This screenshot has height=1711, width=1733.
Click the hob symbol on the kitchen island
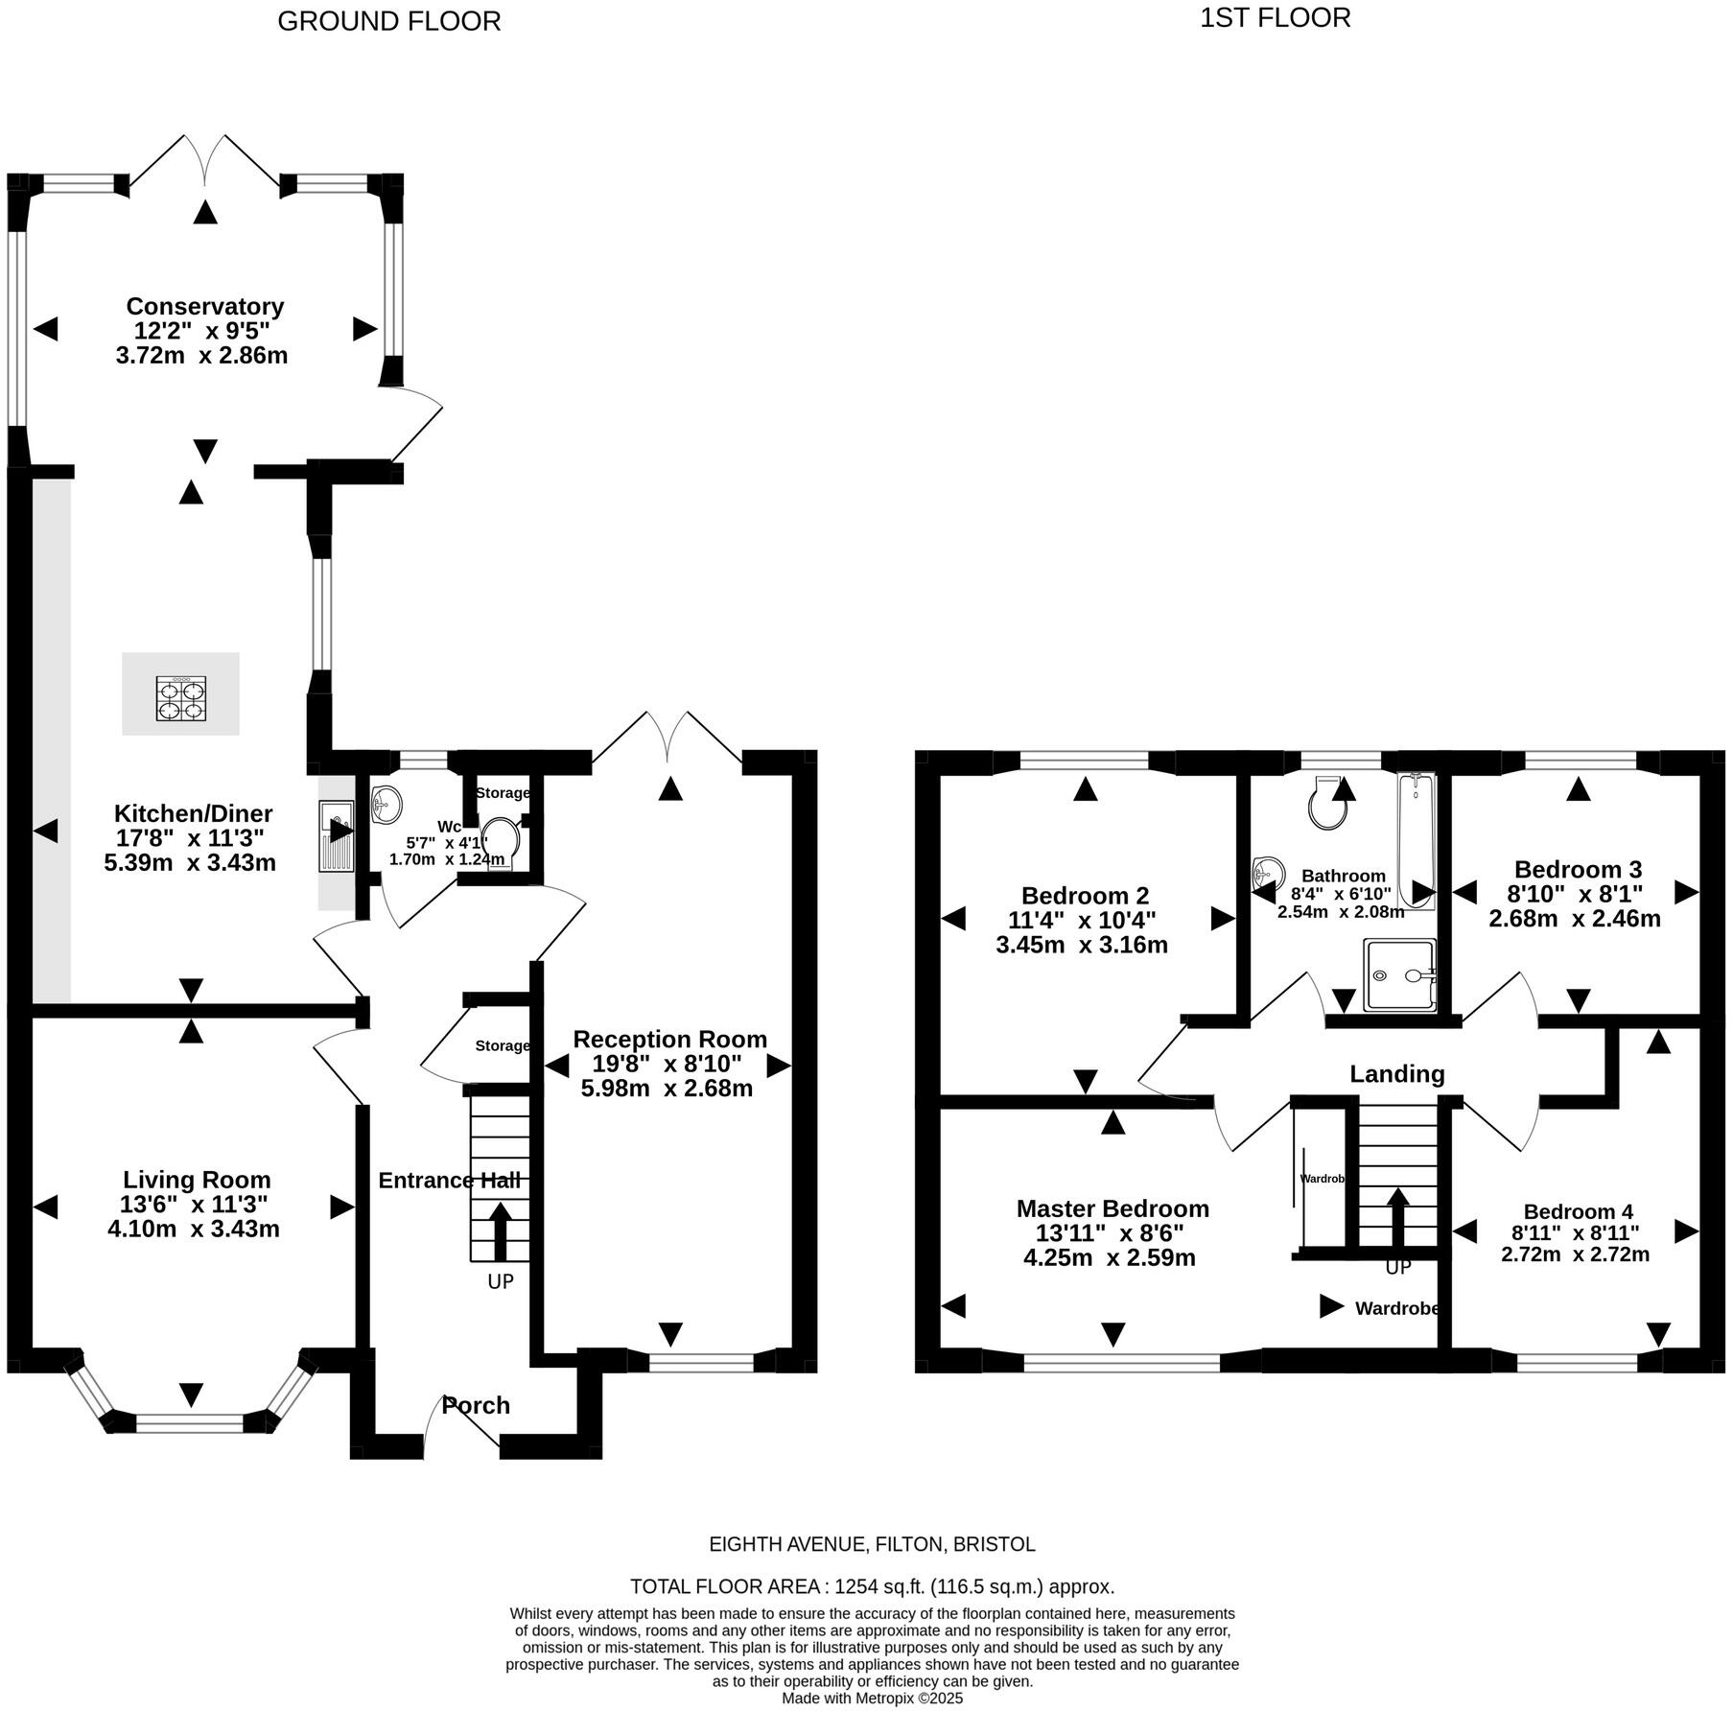click(181, 699)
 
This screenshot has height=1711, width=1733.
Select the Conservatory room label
click(205, 307)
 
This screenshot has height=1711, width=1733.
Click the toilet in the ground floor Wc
click(501, 841)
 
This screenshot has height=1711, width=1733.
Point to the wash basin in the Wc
click(386, 804)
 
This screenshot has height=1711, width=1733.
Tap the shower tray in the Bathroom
click(1399, 975)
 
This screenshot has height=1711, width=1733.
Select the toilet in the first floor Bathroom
click(1327, 806)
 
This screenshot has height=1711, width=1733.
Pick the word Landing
click(1396, 1074)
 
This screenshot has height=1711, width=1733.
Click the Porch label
click(476, 1406)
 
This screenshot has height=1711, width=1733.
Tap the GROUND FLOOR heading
click(388, 21)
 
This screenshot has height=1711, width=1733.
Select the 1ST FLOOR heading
click(1275, 18)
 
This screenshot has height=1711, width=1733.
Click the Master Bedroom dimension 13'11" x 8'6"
click(1110, 1233)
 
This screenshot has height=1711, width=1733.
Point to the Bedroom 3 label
click(1578, 870)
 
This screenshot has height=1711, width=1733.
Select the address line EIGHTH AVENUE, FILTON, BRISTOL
click(872, 1544)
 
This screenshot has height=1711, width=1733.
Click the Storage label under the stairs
click(503, 1045)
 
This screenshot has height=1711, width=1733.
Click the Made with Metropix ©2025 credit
click(872, 1699)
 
